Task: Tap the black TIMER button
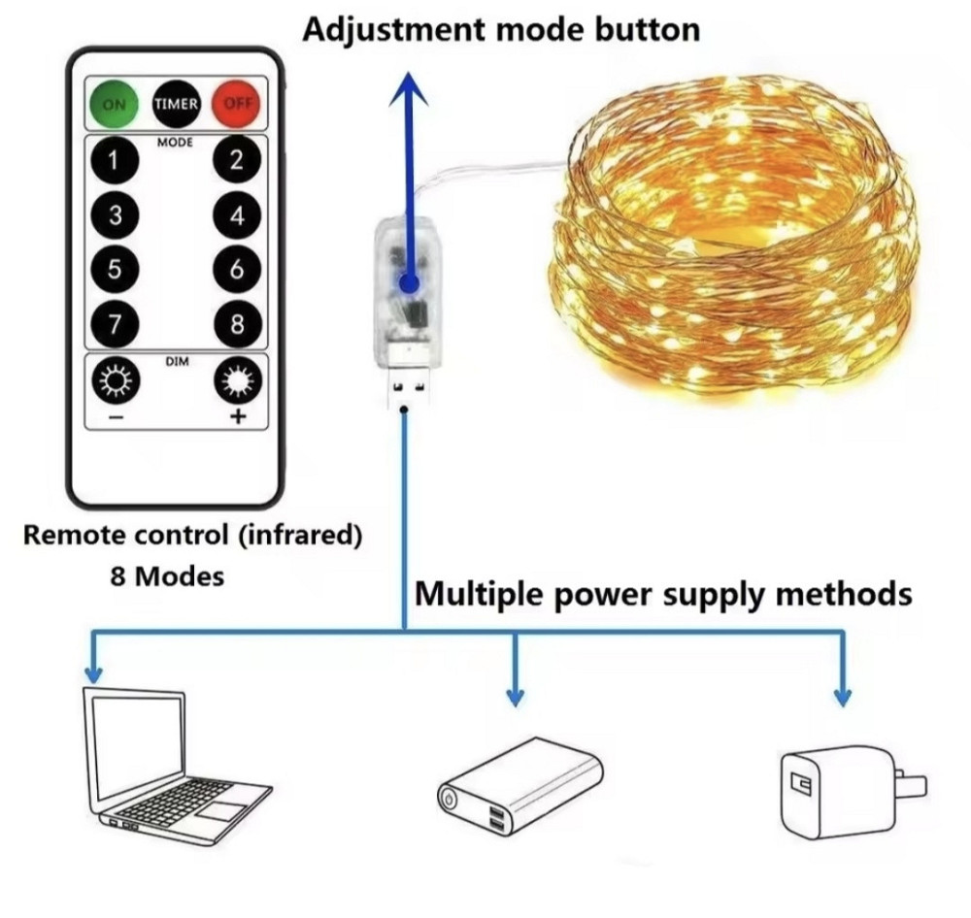[x=176, y=104]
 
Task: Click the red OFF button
[x=236, y=104]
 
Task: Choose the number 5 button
[x=116, y=270]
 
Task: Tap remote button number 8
[x=237, y=324]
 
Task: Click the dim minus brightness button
[x=116, y=383]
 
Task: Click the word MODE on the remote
[x=176, y=143]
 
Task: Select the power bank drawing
[x=520, y=787]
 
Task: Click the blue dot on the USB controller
[x=410, y=282]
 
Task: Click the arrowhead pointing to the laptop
[x=93, y=673]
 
